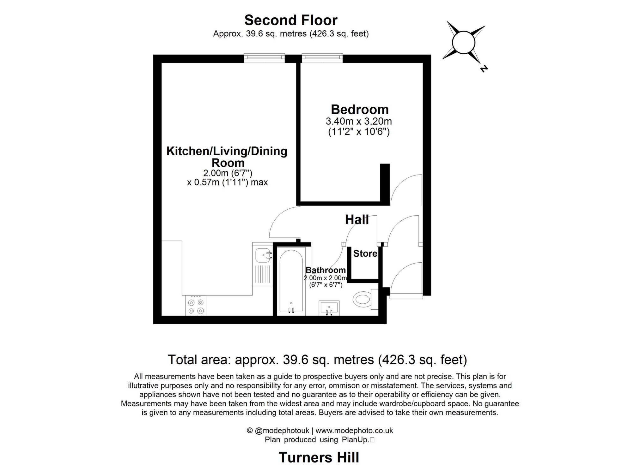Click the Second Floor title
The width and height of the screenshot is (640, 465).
tap(291, 20)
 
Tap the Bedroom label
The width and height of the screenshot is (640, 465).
tap(359, 110)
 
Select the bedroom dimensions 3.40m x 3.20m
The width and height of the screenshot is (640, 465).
tap(358, 121)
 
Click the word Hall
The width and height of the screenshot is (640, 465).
tap(357, 219)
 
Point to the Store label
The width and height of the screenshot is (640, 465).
tap(365, 253)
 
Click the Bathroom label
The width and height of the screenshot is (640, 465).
tap(325, 270)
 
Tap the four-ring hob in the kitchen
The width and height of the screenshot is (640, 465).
tap(196, 306)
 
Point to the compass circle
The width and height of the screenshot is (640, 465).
tap(463, 43)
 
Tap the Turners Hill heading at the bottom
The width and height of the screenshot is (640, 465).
tap(319, 457)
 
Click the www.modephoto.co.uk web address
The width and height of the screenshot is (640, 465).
tap(354, 430)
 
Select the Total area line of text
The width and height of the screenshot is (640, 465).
tap(317, 360)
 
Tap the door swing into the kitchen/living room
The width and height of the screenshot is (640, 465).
tap(283, 221)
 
